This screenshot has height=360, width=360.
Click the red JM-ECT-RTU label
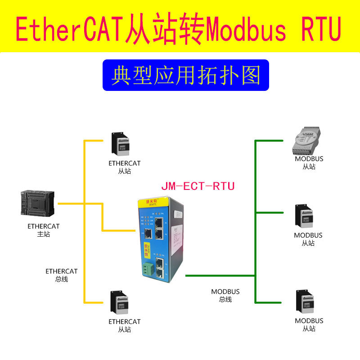[198, 186]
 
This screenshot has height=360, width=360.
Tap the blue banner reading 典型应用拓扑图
[185, 75]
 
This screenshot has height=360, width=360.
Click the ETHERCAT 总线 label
[62, 275]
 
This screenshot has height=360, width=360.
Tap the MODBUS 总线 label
[225, 295]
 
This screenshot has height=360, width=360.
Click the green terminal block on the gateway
[147, 270]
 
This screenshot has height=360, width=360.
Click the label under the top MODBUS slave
[309, 162]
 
